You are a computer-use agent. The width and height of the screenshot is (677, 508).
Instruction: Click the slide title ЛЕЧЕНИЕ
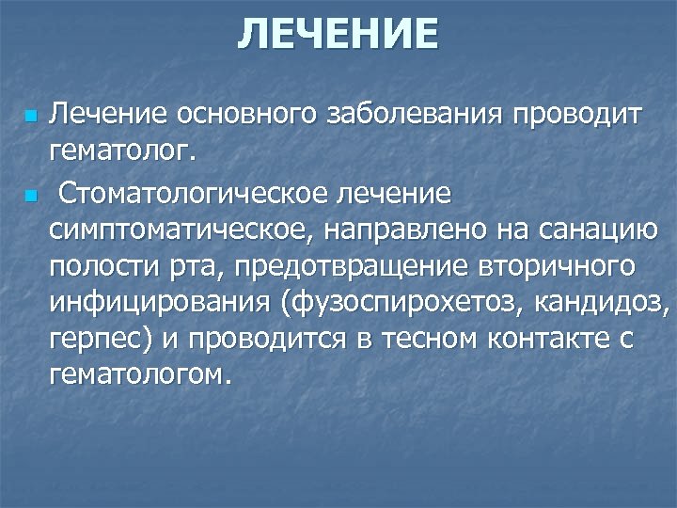click(338, 35)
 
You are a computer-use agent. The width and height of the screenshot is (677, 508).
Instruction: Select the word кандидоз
click(604, 302)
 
